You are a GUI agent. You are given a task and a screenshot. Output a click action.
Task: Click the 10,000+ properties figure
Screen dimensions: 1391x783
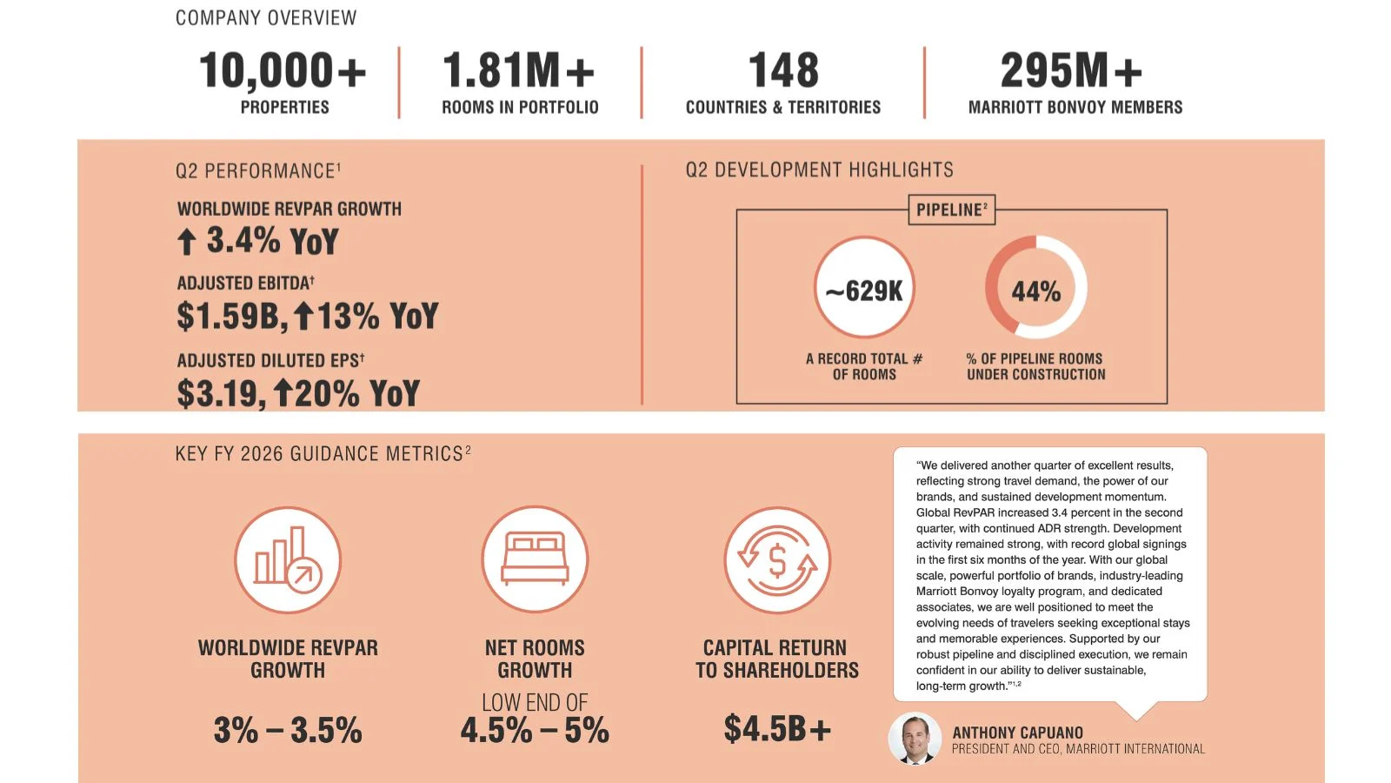(283, 70)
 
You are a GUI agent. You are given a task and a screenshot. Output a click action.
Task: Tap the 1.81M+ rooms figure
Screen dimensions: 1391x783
(518, 70)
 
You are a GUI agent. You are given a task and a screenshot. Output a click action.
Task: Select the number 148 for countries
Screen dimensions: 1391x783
(783, 70)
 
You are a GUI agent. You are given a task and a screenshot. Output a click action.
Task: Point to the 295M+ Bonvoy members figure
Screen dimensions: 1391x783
(1071, 70)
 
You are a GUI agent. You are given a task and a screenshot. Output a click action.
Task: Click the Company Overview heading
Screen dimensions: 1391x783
(266, 18)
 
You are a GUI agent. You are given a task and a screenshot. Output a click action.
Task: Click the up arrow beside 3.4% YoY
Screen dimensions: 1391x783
(186, 241)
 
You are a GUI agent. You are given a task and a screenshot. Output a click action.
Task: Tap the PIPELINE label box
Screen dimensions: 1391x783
(951, 210)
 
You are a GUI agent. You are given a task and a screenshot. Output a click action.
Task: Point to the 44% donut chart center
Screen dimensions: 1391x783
(1035, 291)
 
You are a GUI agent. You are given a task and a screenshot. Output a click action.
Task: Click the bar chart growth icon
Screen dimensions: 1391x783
(288, 559)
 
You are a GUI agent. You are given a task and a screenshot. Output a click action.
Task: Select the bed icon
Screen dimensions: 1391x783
(535, 559)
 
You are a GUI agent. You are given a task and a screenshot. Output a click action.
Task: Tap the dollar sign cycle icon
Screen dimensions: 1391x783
(777, 559)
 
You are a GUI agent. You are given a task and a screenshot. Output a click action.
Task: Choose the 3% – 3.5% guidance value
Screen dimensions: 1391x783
(288, 730)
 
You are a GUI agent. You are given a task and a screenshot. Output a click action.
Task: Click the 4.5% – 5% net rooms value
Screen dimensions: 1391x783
(535, 730)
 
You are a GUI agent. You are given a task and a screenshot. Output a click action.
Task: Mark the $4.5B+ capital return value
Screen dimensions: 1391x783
(777, 728)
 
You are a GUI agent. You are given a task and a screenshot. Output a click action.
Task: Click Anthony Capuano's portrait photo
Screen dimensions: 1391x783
(915, 739)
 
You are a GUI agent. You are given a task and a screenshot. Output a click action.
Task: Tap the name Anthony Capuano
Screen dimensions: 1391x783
(1017, 733)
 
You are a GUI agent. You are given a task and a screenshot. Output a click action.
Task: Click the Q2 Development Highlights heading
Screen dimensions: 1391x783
(820, 170)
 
